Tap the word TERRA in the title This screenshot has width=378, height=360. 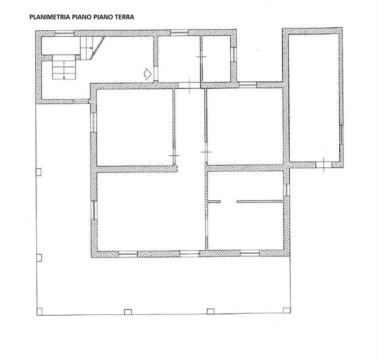[124, 17]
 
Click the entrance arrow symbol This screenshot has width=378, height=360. [148, 74]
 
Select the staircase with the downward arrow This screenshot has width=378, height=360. [64, 67]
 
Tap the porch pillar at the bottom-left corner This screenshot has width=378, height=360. [39, 311]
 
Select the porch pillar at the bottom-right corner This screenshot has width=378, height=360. [286, 310]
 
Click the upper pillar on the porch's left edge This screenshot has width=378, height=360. [39, 172]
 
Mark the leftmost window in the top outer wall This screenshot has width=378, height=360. [64, 34]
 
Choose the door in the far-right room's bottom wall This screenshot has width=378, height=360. [324, 165]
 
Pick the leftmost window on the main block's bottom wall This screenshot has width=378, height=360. [128, 254]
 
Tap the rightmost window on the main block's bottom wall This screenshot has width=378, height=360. [250, 253]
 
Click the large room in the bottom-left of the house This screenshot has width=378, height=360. [151, 211]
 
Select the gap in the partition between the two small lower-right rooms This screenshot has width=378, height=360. [229, 201]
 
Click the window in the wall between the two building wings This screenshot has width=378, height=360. [248, 85]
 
